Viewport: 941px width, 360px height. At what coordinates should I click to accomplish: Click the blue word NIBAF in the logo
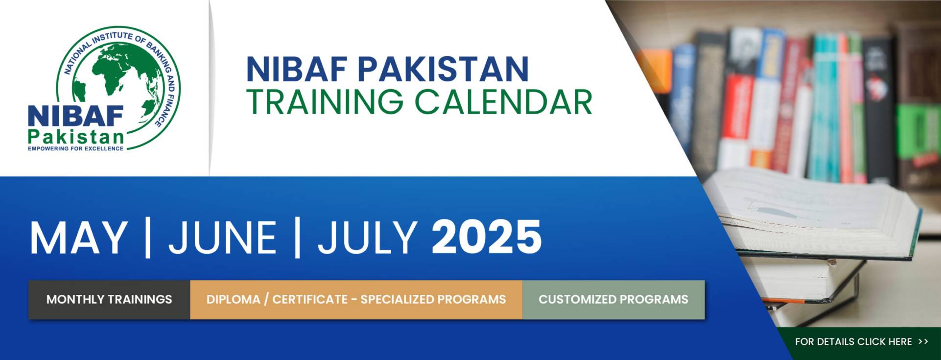[76, 117]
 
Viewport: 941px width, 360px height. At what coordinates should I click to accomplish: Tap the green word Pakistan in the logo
[76, 137]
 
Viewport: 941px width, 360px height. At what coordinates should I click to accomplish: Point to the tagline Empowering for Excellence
[76, 148]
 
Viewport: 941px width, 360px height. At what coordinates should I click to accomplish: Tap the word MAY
[78, 238]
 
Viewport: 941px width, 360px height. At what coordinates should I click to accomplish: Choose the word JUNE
[223, 238]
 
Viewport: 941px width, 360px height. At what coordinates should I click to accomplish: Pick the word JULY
[367, 238]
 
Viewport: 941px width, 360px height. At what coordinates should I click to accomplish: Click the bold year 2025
[487, 238]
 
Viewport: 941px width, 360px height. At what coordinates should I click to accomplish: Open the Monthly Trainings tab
[109, 299]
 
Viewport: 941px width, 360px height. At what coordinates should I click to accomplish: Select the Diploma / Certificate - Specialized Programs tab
[356, 299]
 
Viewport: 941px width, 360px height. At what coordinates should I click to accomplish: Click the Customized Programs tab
[613, 299]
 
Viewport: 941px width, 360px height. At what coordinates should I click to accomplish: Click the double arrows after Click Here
[923, 342]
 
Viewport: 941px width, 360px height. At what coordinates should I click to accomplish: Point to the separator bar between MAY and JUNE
[148, 238]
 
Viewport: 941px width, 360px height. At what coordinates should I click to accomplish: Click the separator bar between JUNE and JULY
[297, 238]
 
